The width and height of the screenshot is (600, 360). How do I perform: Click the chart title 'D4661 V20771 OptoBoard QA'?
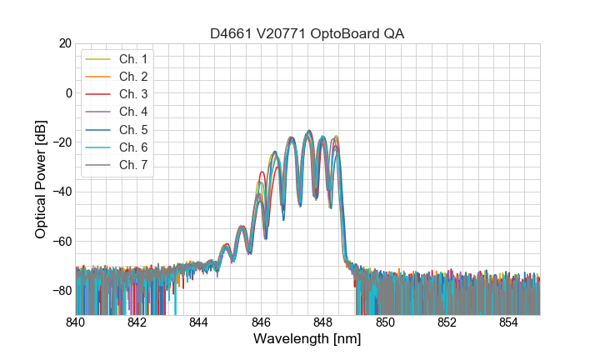[307, 33]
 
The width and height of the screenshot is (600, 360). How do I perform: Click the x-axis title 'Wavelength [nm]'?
[307, 340]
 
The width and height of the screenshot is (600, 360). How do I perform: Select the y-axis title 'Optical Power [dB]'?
[41, 179]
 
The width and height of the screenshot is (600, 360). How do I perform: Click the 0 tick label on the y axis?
[67, 92]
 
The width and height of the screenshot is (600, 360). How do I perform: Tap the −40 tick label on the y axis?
[61, 192]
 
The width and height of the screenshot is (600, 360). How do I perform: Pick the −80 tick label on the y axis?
[61, 291]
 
